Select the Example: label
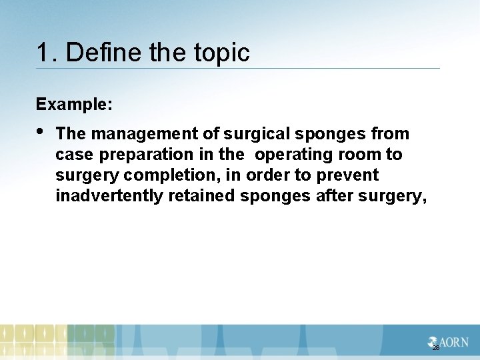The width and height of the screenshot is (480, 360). (74, 105)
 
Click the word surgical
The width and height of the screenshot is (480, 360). (257, 134)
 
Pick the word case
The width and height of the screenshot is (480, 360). (71, 155)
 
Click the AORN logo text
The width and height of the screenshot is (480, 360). (452, 342)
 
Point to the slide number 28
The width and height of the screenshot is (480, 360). (436, 348)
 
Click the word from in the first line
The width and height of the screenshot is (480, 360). (390, 134)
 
